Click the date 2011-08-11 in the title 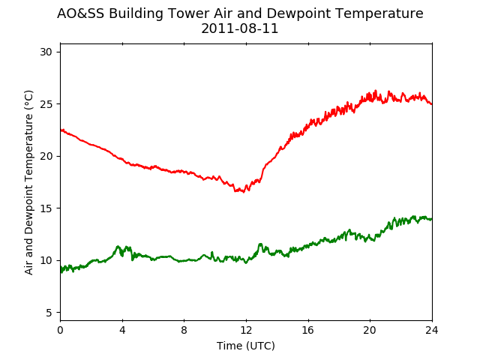(240, 28)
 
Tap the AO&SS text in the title (80, 13)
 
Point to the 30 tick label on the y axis (46, 52)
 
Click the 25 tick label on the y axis (46, 104)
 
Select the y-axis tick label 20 (46, 156)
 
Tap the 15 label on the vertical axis (46, 208)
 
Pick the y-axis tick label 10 (46, 260)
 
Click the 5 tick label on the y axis (49, 313)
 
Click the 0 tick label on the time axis (60, 330)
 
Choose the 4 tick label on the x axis (122, 330)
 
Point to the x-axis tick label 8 (184, 330)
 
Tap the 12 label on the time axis (246, 330)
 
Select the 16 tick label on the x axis (308, 330)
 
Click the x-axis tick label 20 (370, 330)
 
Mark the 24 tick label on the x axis (432, 330)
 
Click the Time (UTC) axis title (246, 346)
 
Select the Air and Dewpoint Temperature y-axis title (28, 182)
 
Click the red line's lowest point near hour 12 (244, 192)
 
